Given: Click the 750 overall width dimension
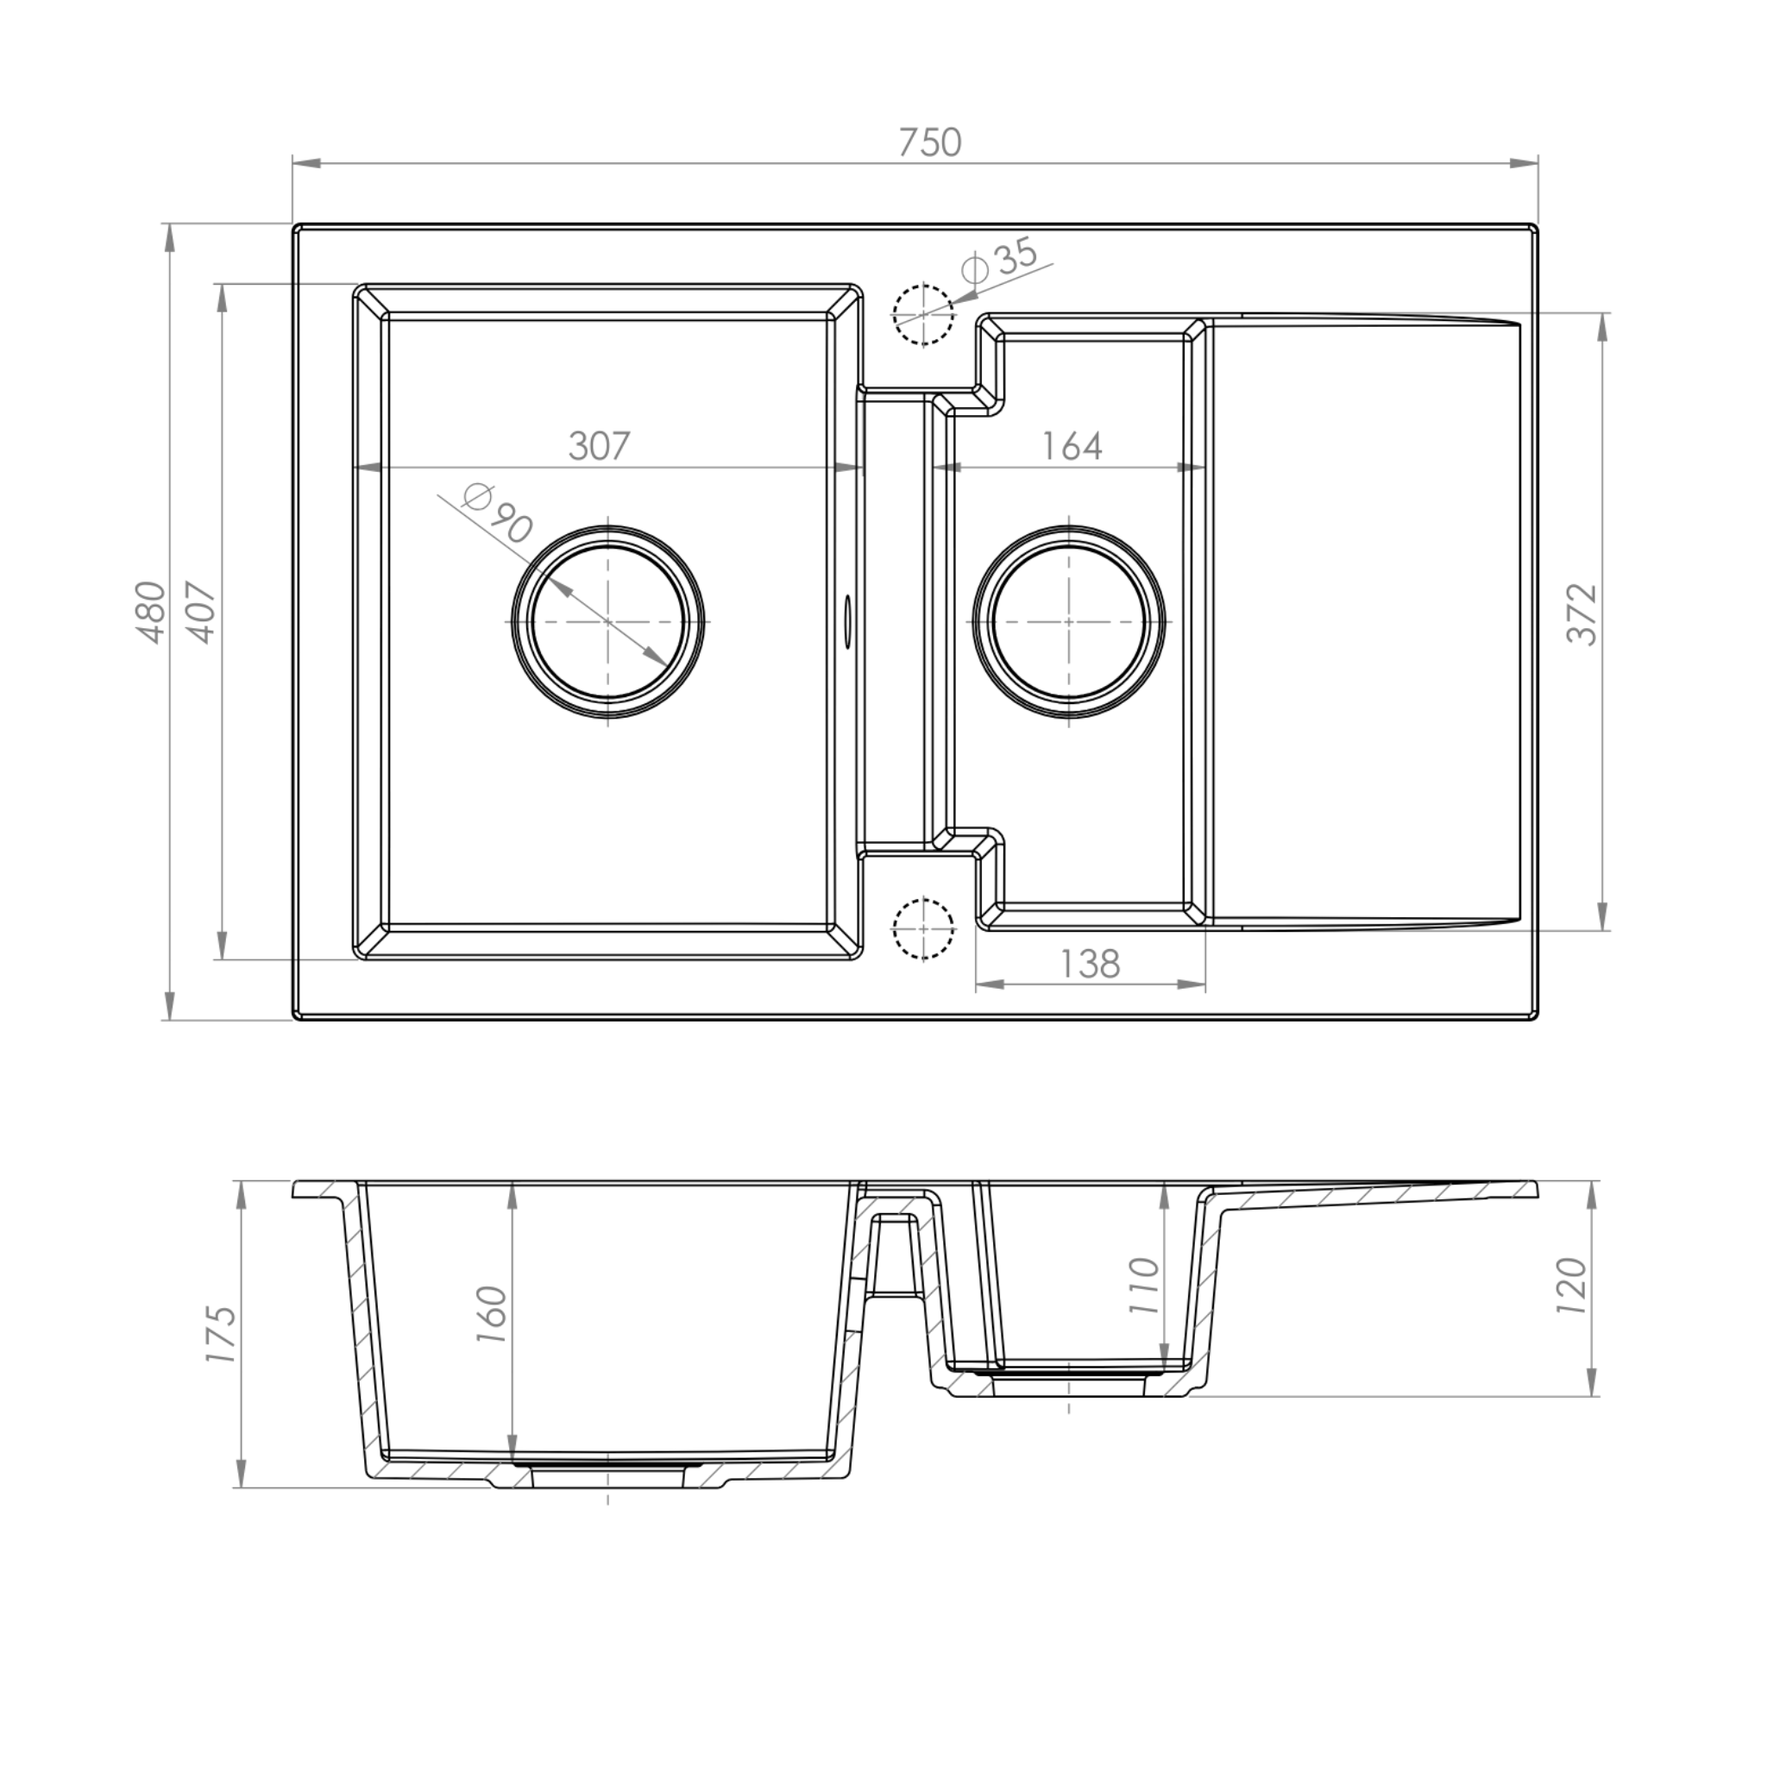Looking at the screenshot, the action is (929, 142).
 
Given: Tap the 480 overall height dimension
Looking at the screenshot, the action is (152, 612).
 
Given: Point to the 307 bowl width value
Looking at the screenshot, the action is (599, 445).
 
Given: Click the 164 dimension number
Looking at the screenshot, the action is (1072, 445).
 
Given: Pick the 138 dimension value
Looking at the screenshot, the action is (1090, 963).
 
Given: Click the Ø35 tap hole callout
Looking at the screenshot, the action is (1002, 260).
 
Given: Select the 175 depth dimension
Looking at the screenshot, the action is (220, 1335).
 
